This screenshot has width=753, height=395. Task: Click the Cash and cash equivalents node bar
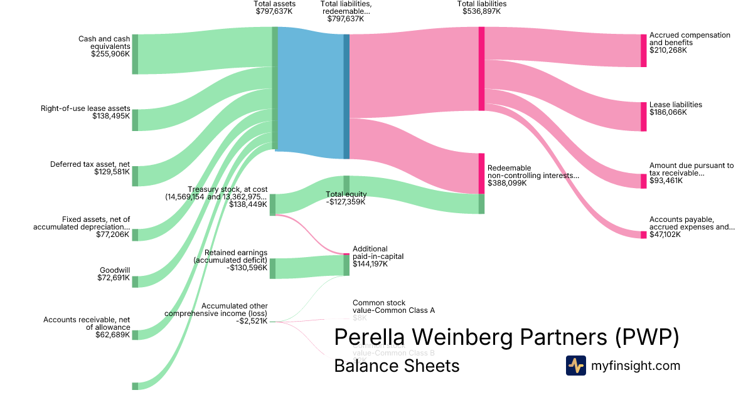135,54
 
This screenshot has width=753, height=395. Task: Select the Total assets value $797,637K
275,11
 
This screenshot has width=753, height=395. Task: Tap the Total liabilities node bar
481,68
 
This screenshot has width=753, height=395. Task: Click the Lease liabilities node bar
643,117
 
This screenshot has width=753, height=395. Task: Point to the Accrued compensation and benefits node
643,50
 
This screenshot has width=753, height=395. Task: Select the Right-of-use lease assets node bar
135,119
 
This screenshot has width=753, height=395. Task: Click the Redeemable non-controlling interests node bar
481,173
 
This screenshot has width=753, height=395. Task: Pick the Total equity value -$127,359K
345,202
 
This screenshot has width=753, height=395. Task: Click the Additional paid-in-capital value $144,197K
370,264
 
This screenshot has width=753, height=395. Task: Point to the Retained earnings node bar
272,268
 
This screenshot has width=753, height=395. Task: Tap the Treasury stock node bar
272,204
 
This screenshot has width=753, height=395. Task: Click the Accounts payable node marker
643,234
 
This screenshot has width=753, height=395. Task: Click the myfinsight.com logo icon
575,366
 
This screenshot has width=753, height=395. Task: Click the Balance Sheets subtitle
397,366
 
